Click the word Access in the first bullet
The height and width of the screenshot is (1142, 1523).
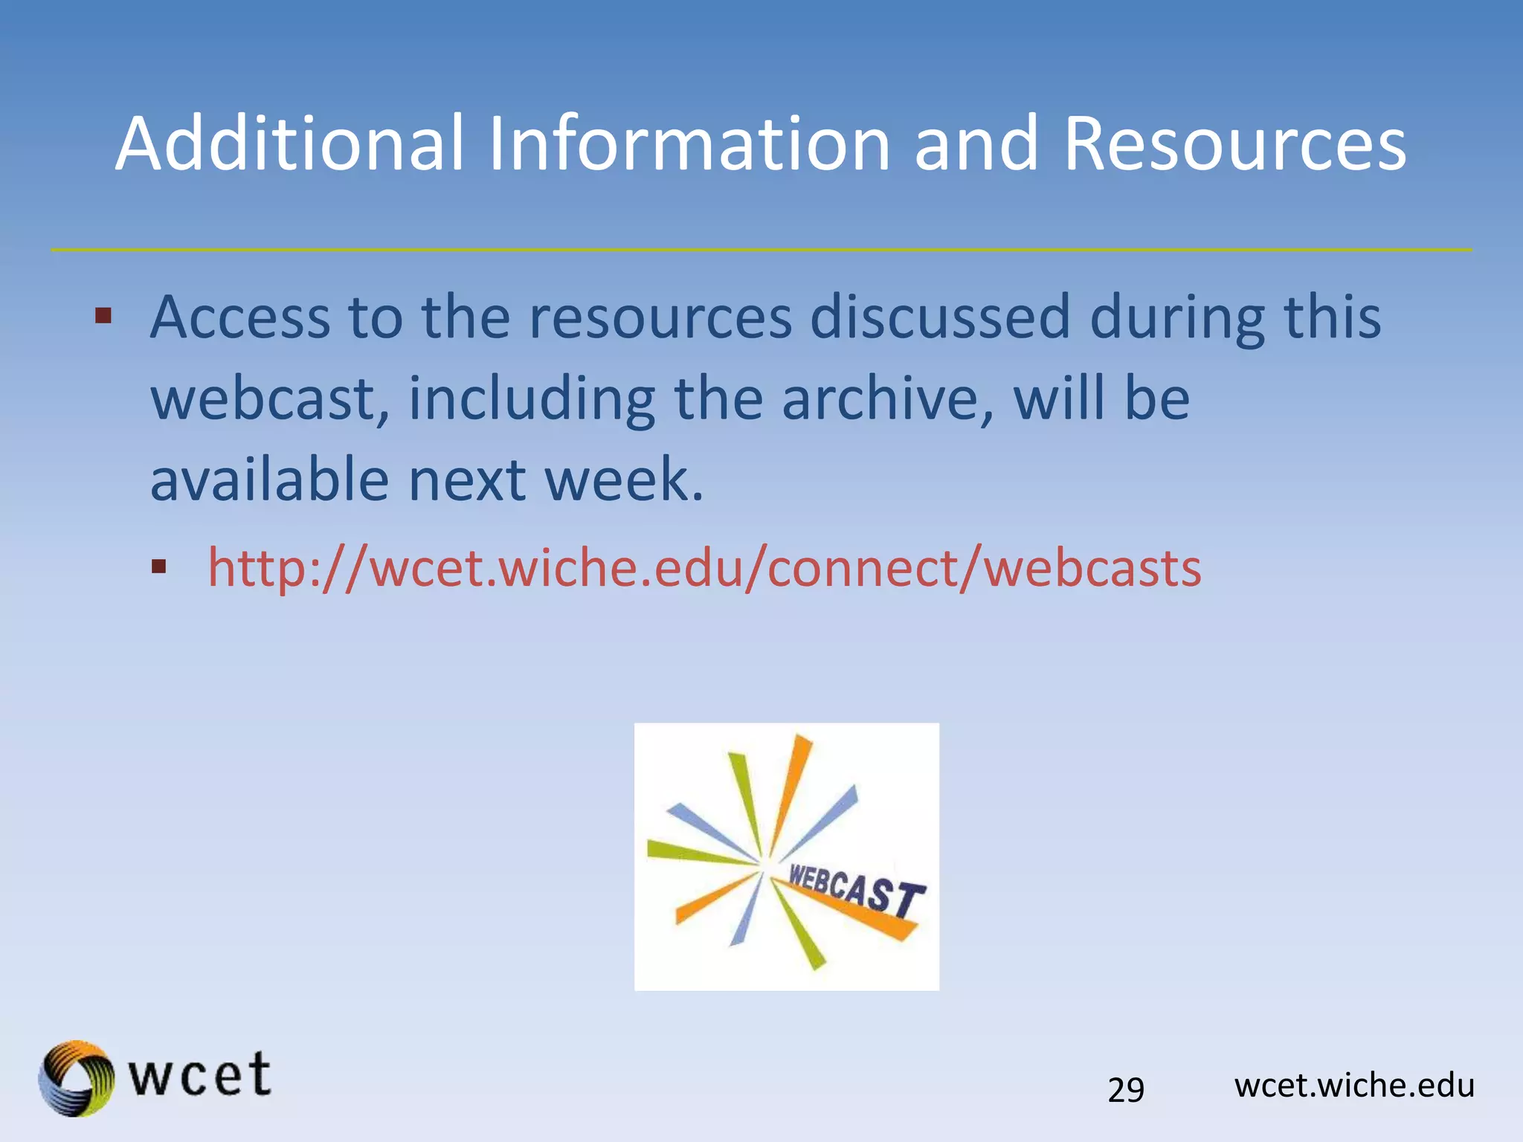(x=239, y=317)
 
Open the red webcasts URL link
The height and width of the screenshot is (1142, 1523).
(x=703, y=568)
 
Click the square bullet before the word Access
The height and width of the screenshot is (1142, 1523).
(x=103, y=317)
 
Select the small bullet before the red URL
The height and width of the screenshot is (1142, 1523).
(x=158, y=568)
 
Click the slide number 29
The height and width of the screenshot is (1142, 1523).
(x=1126, y=1090)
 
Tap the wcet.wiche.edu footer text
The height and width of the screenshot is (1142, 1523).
(x=1354, y=1085)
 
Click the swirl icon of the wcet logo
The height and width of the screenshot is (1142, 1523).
(x=77, y=1078)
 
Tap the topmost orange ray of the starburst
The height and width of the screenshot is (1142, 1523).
(x=792, y=788)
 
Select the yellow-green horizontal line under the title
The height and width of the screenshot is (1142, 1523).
(x=761, y=250)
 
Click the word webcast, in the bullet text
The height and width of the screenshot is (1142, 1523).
(x=269, y=399)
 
